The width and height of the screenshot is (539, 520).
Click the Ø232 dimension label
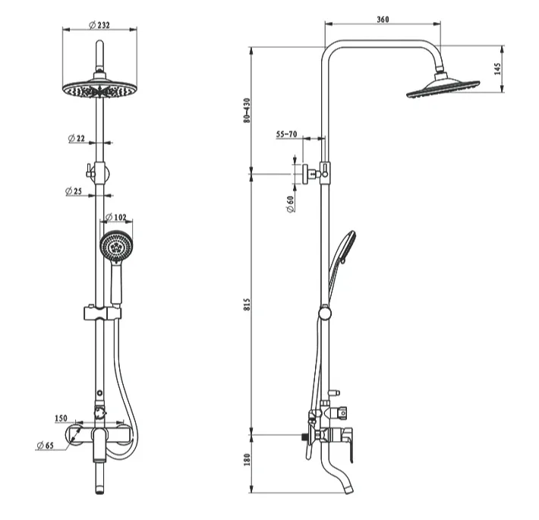click(99, 25)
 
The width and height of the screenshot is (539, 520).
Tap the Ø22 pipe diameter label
click(77, 138)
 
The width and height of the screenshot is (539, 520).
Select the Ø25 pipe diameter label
click(74, 191)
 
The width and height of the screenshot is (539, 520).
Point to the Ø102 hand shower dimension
click(115, 217)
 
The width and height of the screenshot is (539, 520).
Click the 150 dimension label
click(61, 418)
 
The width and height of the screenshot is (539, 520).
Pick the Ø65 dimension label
click(46, 446)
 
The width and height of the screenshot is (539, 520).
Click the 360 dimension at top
click(383, 19)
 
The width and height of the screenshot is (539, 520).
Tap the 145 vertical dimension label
click(497, 69)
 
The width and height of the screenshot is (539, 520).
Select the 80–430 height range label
click(247, 110)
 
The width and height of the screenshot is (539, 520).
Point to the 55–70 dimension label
click(287, 134)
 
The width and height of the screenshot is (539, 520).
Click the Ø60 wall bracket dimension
click(291, 203)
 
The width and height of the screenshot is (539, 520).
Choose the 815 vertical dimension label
click(247, 304)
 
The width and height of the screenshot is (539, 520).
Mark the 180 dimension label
click(247, 459)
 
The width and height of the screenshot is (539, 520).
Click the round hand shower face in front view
click(117, 247)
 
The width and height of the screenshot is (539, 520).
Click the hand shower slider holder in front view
click(102, 313)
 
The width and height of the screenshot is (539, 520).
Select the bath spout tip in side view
click(349, 488)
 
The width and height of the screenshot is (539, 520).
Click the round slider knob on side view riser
click(325, 313)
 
